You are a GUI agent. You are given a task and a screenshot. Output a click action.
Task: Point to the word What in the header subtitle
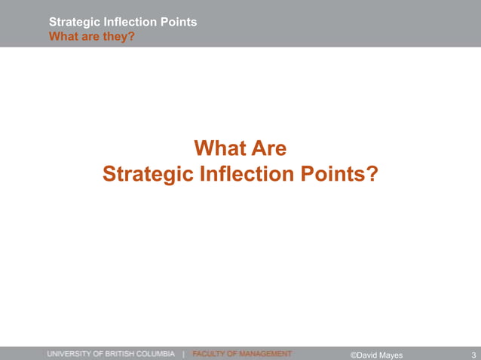point(63,35)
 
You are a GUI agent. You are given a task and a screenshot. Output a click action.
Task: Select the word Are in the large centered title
point(269,148)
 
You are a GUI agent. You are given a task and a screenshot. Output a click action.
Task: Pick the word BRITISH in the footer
point(125,353)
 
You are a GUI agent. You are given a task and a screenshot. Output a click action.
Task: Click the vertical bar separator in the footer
point(184,353)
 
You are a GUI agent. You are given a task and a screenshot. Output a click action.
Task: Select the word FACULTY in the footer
point(210,353)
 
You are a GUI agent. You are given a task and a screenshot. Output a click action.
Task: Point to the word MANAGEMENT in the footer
point(265,353)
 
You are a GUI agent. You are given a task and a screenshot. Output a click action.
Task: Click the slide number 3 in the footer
point(473,354)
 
